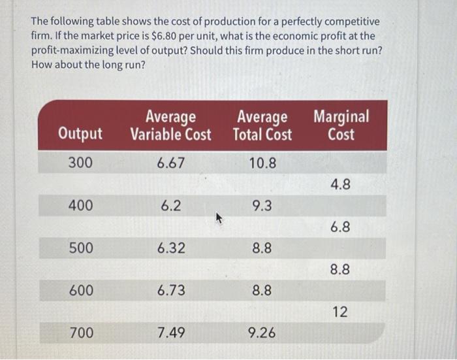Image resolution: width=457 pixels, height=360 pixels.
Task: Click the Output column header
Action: pos(80,134)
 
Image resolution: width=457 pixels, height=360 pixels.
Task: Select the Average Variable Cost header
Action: pos(171,126)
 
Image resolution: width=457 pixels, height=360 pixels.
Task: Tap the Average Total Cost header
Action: pos(262,126)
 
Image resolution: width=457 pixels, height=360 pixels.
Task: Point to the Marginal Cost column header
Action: pos(341,125)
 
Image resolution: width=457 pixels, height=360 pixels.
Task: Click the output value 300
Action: pos(80,163)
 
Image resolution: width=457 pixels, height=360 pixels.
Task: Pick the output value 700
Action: pos(81,333)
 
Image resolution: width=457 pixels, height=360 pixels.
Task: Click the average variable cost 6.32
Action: pos(171,248)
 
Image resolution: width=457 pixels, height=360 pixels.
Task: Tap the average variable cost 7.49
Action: pos(171,333)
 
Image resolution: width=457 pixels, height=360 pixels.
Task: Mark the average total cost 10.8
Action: pos(262,163)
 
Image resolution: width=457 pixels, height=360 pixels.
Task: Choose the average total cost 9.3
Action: pos(262,206)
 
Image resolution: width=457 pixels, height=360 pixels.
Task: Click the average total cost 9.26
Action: pos(262,333)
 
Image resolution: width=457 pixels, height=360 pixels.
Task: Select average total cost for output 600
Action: pos(262,290)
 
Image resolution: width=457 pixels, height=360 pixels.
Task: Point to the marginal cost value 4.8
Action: pos(340,185)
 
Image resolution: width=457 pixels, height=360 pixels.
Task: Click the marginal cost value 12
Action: pos(340,312)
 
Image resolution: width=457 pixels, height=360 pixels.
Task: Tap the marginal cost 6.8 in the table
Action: pos(340,227)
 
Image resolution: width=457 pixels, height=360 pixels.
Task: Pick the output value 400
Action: pos(81,206)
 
